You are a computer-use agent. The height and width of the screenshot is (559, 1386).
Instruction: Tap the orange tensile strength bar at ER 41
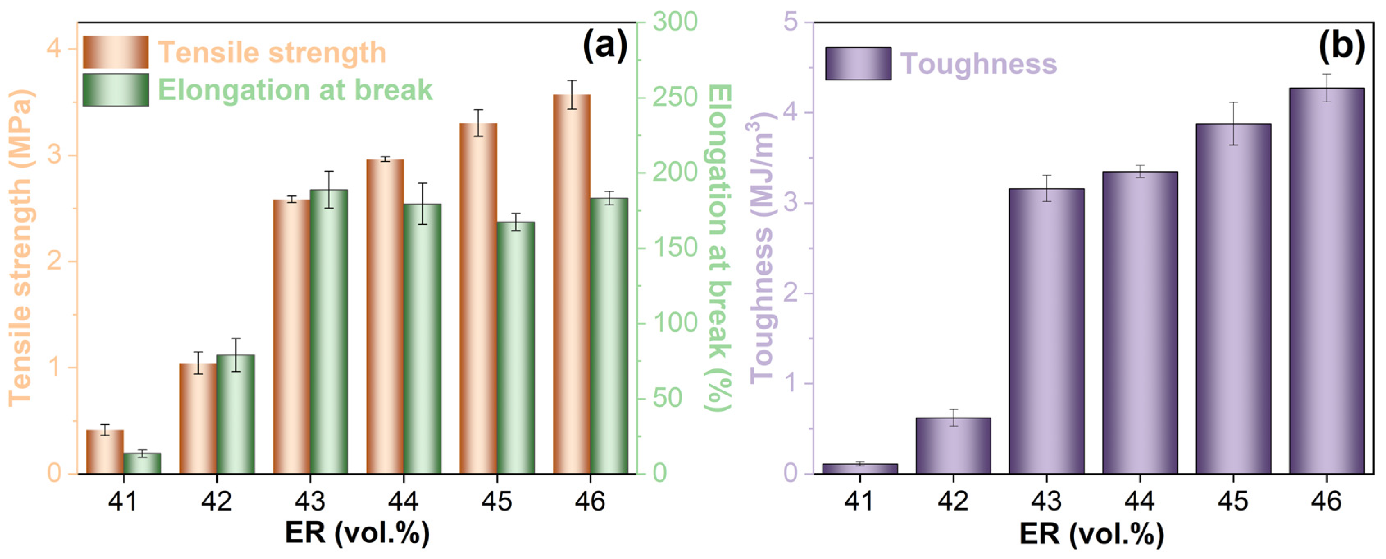pos(105,452)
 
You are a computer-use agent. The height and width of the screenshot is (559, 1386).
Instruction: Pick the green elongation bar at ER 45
pos(516,348)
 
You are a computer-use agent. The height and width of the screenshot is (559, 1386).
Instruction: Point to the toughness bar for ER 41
pos(860,468)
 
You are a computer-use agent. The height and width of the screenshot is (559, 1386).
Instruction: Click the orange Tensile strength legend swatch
pos(116,52)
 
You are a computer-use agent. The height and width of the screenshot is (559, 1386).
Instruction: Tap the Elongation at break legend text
pos(295,90)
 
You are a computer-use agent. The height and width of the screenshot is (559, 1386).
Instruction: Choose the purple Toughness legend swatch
pos(858,64)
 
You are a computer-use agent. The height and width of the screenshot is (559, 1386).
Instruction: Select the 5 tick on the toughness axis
pos(791,23)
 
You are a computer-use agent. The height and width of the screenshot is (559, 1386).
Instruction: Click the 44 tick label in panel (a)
pos(403,502)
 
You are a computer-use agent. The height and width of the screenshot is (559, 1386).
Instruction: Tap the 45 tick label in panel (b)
pos(1233,502)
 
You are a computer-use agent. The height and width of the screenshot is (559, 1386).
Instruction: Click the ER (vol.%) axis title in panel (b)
pos(1092,533)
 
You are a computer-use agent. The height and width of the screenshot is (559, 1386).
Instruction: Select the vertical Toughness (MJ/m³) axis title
pos(760,248)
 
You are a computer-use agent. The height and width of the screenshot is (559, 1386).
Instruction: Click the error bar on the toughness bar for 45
pos(1233,123)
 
